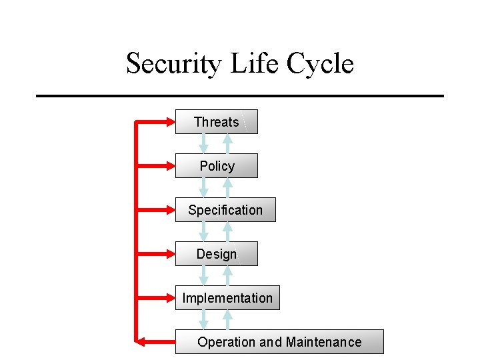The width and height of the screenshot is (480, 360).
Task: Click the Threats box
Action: pos(216,122)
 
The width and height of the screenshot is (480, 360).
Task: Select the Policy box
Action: pos(217,166)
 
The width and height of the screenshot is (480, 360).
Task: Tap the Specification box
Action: pos(225,210)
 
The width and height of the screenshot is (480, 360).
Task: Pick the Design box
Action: pos(216,254)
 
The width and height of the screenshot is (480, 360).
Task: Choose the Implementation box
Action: pos(227,298)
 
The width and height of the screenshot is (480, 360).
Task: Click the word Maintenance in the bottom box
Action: pos(323,342)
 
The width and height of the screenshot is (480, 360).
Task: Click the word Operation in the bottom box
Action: pos(227,342)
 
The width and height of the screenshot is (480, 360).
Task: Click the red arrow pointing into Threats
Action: pos(156,122)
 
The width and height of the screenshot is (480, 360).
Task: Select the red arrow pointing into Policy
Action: pos(156,166)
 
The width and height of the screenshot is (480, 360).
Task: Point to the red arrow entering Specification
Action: pos(156,210)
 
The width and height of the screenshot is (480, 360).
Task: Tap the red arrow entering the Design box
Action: pos(156,254)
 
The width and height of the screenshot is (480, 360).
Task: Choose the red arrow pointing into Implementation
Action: pos(156,298)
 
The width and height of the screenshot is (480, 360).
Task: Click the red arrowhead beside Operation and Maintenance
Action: pos(141,342)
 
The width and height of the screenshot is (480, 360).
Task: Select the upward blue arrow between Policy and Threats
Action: pos(227,143)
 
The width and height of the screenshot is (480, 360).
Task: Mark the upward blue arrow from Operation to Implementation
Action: pos(227,319)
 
